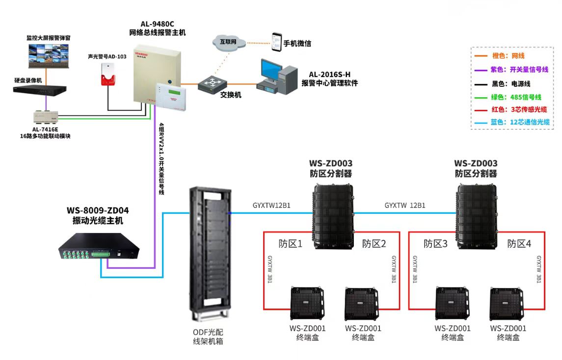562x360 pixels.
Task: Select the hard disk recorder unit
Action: [x=40, y=90]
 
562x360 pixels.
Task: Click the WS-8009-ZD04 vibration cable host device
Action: [x=101, y=248]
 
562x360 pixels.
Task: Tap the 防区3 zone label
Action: [x=436, y=244]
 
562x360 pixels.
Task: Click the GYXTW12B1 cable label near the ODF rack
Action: [x=271, y=206]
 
